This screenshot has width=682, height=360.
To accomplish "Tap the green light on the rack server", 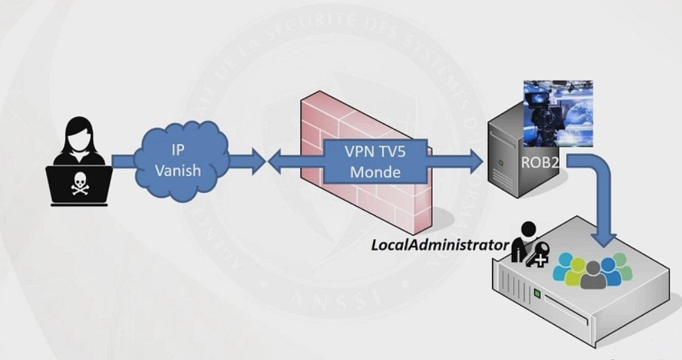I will tap(538, 291).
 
